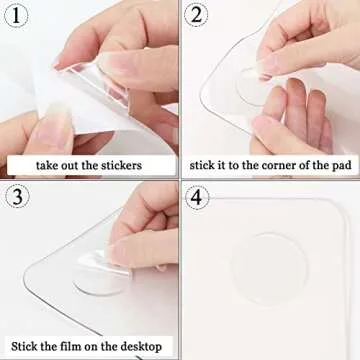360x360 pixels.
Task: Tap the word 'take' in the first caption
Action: [47, 164]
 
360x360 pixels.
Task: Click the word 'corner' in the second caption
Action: [273, 164]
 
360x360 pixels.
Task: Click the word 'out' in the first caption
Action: [75, 164]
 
